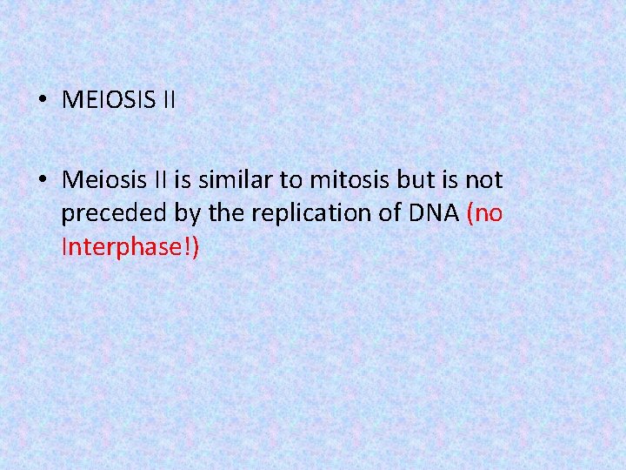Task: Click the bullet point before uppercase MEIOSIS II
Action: tap(42, 101)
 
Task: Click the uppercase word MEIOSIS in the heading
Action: tap(108, 100)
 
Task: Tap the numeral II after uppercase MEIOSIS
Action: tap(168, 100)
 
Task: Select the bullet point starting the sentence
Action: tap(42, 181)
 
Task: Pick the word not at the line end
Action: tap(482, 180)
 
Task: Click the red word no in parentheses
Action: tap(488, 214)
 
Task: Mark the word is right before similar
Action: tap(182, 180)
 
